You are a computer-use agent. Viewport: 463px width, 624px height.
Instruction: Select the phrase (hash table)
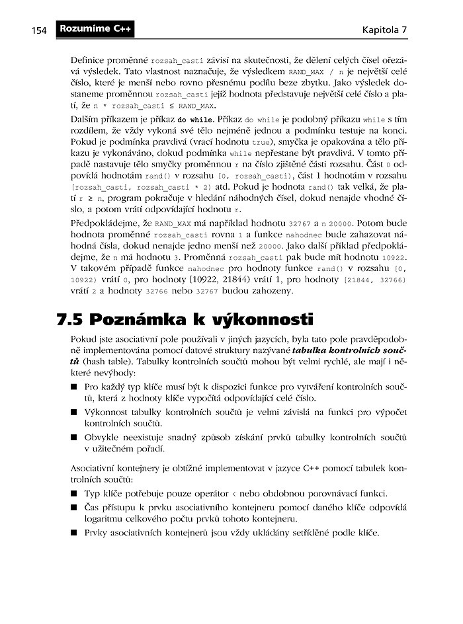pos(106,362)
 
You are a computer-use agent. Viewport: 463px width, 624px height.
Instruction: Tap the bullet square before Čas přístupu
pos(74,506)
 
